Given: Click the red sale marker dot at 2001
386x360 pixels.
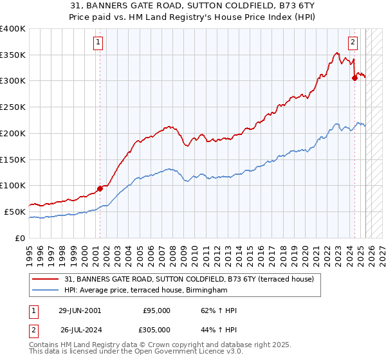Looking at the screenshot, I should (100, 188).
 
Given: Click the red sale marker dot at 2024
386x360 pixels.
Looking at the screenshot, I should (354, 78).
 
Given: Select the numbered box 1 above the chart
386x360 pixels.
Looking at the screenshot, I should (98, 43).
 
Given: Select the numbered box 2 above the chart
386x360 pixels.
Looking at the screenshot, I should (353, 43).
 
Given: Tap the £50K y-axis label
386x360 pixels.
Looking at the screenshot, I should (15, 212).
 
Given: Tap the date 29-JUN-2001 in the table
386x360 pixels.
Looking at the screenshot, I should (79, 310).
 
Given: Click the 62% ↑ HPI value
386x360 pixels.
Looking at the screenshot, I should (219, 310).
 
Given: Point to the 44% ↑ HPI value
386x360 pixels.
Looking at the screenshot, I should (219, 330).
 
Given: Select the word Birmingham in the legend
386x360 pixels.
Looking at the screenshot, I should (207, 291).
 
